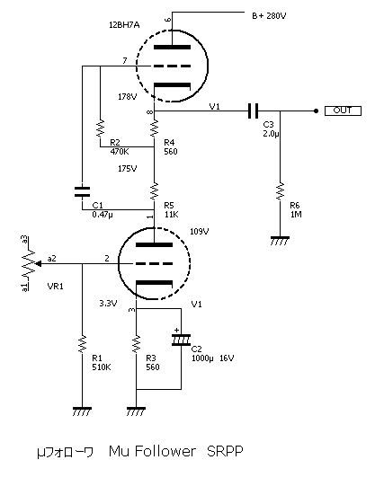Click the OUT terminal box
pyautogui.click(x=343, y=111)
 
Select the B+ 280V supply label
pyautogui.click(x=269, y=16)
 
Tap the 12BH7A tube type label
pyautogui.click(x=124, y=25)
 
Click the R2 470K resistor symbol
pyautogui.click(x=101, y=128)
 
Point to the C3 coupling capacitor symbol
pyautogui.click(x=253, y=111)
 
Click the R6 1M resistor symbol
pyautogui.click(x=280, y=191)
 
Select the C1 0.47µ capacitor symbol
pyautogui.click(x=82, y=191)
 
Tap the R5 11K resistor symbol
pyautogui.click(x=154, y=191)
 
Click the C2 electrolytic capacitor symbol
pyautogui.click(x=181, y=340)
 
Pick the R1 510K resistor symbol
pyautogui.click(x=83, y=344)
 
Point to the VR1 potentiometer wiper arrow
pyautogui.click(x=38, y=263)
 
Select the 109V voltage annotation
pyautogui.click(x=200, y=232)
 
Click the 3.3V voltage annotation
pyautogui.click(x=108, y=303)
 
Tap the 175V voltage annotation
pyautogui.click(x=127, y=168)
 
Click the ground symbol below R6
pyautogui.click(x=280, y=241)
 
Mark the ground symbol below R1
pyautogui.click(x=82, y=411)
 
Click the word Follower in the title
pyautogui.click(x=165, y=451)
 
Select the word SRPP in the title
pyautogui.click(x=225, y=451)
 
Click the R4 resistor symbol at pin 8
pyautogui.click(x=154, y=128)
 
